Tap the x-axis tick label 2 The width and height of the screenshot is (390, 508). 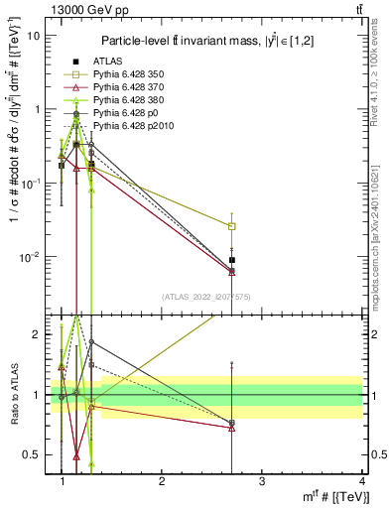[162, 480]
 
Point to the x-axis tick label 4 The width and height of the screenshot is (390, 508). [361, 480]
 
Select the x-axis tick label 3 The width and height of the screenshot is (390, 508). [261, 480]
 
